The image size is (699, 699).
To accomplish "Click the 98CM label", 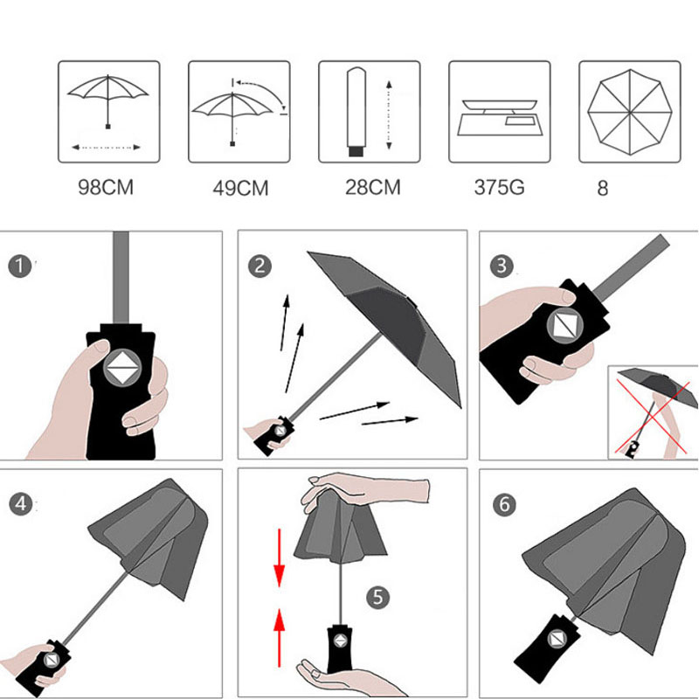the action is (x=106, y=187).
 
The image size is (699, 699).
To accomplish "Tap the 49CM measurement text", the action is (x=240, y=188).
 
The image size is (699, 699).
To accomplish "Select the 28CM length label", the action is (x=373, y=187).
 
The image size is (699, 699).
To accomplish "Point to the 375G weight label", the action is (x=499, y=187).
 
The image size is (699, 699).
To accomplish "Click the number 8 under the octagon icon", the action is (x=602, y=189).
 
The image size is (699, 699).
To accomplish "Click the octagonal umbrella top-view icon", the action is (x=629, y=112).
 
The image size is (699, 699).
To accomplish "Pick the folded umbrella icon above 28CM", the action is (x=356, y=112).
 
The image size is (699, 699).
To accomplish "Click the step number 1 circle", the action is (x=19, y=266).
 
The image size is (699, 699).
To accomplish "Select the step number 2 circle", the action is (x=260, y=266).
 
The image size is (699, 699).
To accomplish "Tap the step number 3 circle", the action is (x=502, y=266).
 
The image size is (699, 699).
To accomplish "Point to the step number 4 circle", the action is (x=20, y=504).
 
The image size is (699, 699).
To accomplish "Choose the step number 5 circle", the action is (x=377, y=597).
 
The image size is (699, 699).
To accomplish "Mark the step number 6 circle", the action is (x=504, y=505).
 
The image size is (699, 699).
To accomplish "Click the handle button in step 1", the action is (x=122, y=368).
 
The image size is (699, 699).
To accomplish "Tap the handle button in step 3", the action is (x=564, y=326).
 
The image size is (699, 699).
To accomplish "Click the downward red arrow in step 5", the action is (x=279, y=557).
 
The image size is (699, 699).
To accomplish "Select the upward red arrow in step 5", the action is (x=279, y=638).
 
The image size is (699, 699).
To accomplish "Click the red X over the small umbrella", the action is (x=652, y=417).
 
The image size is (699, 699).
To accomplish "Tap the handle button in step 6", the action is (x=557, y=640).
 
